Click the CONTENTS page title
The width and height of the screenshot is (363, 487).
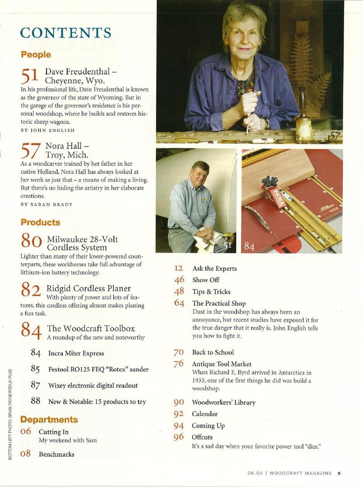coord(65,33)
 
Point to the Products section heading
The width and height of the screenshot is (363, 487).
coord(40,223)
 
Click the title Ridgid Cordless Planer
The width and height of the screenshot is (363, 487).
coord(88,288)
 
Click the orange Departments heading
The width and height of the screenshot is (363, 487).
coord(49,419)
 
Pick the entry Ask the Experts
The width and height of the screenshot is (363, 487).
coord(214,269)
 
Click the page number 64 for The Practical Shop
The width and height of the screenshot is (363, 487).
coord(179,303)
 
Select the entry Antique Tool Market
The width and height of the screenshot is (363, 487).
coord(222,364)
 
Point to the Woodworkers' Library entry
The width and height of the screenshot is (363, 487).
coord(223,402)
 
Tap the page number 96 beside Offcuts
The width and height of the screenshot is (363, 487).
coord(179,437)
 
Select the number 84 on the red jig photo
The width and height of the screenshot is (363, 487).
coord(250,246)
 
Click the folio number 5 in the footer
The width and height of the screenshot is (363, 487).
coord(339,473)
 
